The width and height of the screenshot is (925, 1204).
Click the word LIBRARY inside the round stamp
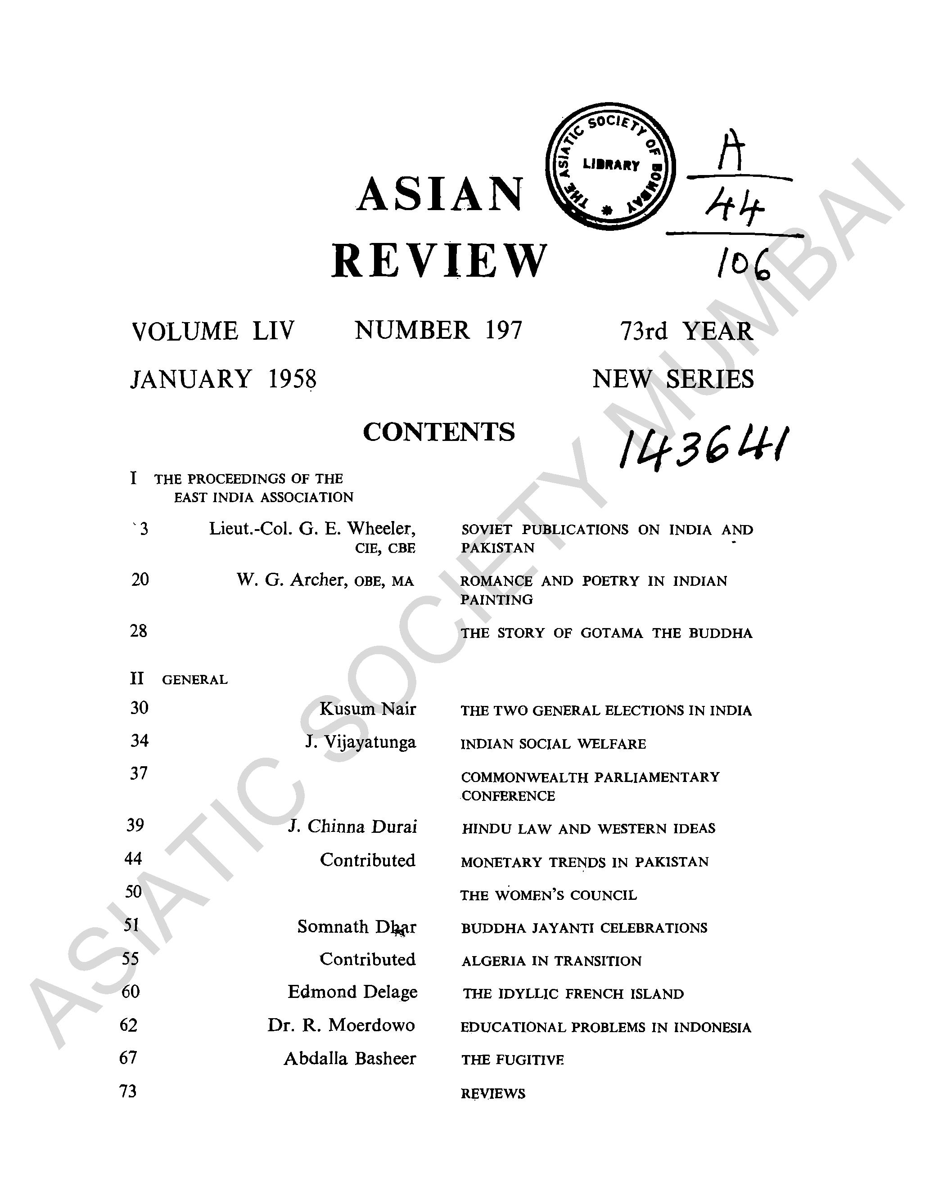click(x=611, y=165)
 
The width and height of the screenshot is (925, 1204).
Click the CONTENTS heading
click(x=439, y=432)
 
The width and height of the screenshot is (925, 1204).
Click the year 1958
click(x=292, y=379)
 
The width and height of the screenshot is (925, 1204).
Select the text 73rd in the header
click(x=643, y=331)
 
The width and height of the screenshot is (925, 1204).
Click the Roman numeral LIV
click(x=274, y=331)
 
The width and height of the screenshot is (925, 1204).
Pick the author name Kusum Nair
click(x=367, y=709)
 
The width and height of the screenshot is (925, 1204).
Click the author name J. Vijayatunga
click(x=361, y=742)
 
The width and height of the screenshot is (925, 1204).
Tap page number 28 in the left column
click(x=139, y=631)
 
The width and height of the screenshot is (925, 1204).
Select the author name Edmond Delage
click(x=352, y=992)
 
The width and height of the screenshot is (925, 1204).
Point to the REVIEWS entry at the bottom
click(x=493, y=1093)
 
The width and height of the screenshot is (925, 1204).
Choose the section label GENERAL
click(x=194, y=680)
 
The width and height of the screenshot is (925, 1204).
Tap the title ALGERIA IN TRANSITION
click(x=551, y=961)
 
